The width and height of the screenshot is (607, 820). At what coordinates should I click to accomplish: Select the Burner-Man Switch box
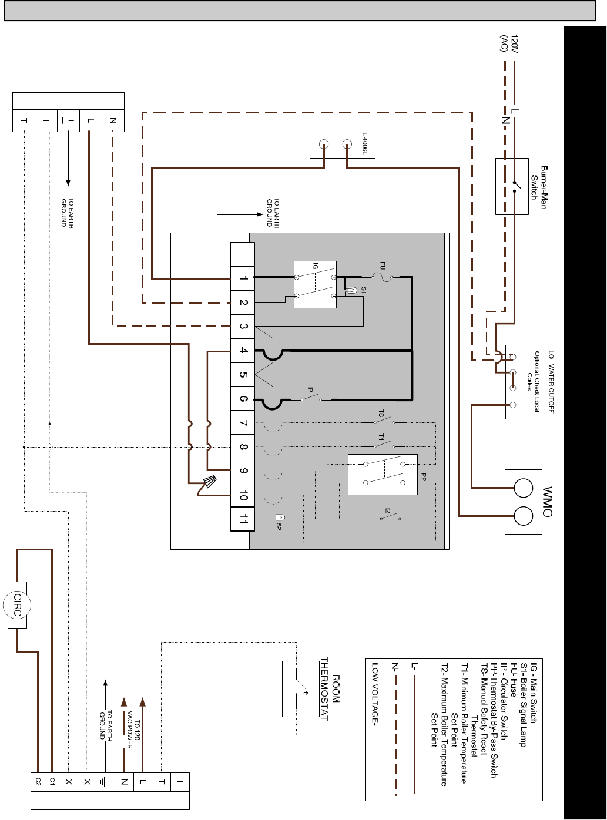pos(512,186)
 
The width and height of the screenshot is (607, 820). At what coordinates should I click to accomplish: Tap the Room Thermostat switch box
pos(301,689)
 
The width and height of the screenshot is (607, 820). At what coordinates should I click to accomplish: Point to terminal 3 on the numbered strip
pos(243,327)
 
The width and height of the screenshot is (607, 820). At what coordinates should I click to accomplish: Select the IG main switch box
pos(316,284)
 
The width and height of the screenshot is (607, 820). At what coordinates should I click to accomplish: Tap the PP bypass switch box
pos(383,475)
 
